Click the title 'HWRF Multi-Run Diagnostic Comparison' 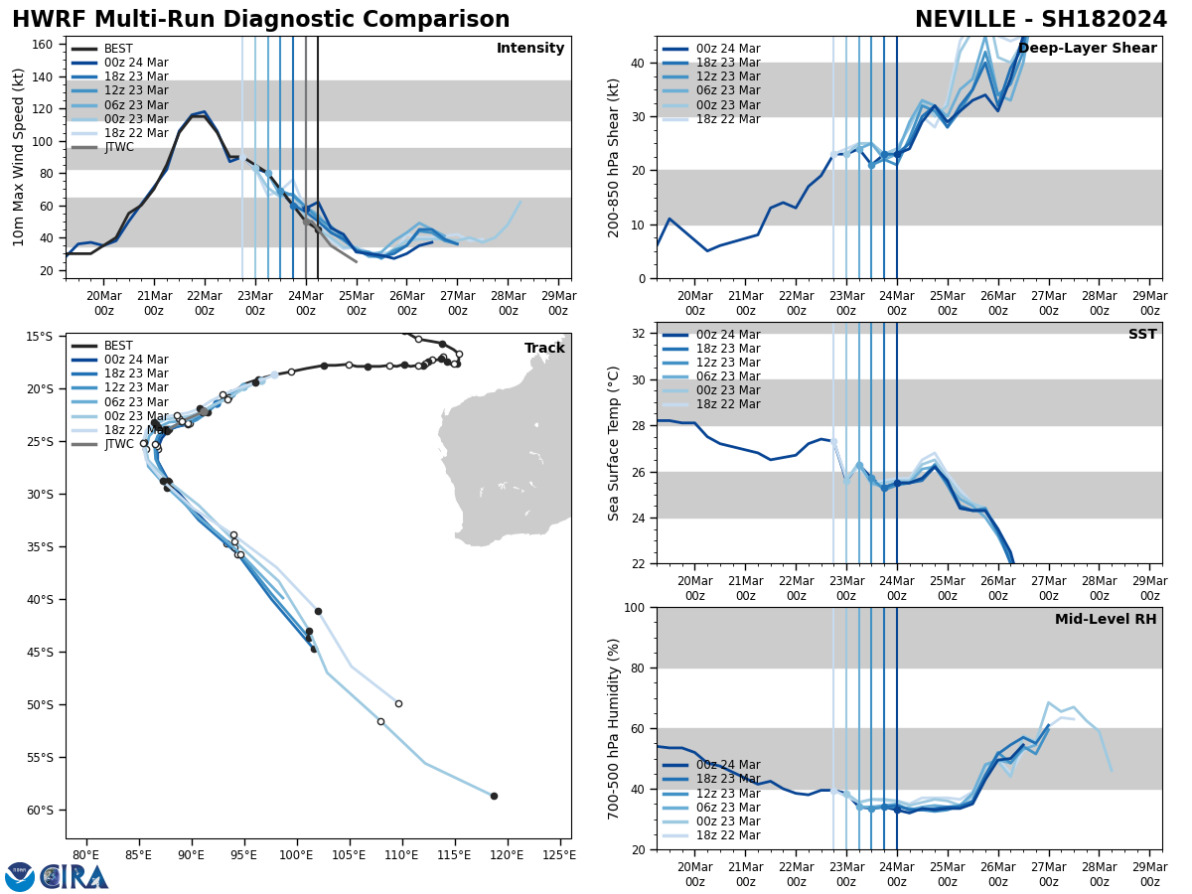coord(260,20)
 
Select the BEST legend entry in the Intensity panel coord(118,49)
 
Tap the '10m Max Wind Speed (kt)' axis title coord(19,157)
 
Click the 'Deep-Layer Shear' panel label coord(1087,49)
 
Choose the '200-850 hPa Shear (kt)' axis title coord(614,157)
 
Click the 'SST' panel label coord(1142,335)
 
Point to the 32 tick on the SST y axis coord(640,334)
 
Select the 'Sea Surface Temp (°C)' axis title coord(614,443)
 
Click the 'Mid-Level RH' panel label coord(1106,620)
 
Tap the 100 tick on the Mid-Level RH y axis coord(636,608)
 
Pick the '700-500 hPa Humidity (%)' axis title coord(614,728)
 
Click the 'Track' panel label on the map coord(544,349)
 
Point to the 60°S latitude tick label coord(47,810)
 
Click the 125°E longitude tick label coord(559,855)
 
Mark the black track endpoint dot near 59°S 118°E coord(494,796)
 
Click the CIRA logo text coord(74,877)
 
